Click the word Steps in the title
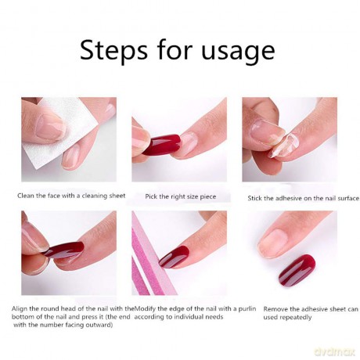click(113, 50)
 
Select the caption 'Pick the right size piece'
click(181, 196)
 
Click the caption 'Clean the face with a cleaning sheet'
click(71, 196)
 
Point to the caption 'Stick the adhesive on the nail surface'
click(304, 198)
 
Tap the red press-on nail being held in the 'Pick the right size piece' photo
click(162, 145)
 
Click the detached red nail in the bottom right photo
click(297, 270)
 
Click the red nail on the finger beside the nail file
click(174, 257)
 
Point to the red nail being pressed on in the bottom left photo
click(64, 250)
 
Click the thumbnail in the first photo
click(49, 127)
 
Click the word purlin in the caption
click(247, 309)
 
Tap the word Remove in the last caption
click(273, 309)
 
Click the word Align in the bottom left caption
click(19, 309)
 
